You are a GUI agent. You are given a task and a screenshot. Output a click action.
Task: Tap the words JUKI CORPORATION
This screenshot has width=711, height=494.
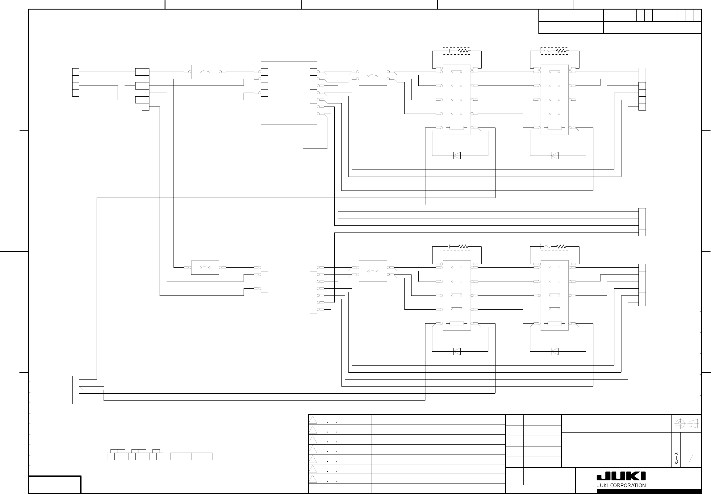coord(621,485)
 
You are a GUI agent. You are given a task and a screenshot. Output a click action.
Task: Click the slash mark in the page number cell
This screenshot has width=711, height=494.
coord(690,458)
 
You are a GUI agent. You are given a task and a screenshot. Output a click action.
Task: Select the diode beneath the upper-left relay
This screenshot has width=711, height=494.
coord(457,155)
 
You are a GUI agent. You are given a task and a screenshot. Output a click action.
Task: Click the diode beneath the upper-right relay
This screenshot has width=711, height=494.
coord(554,155)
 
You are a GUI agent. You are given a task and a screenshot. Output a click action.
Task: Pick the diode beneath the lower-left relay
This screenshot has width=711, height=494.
coord(457,351)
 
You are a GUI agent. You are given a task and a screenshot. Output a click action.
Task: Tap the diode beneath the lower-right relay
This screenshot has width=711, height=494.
coord(554,351)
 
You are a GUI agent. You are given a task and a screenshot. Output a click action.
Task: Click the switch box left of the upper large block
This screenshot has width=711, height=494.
coord(205,72)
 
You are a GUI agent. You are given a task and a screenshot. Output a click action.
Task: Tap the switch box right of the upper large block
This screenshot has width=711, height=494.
coord(373,75)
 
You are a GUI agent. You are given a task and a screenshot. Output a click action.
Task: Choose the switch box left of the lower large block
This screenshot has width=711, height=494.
coord(205,267)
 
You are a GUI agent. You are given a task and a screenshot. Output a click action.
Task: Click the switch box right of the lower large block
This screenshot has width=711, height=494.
coord(373,271)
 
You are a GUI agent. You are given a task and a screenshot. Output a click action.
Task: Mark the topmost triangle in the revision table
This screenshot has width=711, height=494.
coord(313,420)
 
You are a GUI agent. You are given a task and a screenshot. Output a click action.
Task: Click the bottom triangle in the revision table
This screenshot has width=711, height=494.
coord(313,479)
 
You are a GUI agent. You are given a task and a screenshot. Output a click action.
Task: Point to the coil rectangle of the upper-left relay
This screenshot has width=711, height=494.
coord(457,128)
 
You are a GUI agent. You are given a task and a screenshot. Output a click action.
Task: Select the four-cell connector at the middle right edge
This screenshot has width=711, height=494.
coord(642,222)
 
